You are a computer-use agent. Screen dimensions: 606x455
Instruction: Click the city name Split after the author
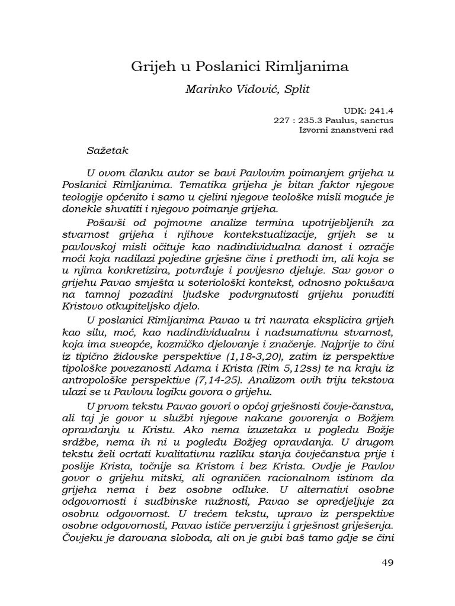point(294,89)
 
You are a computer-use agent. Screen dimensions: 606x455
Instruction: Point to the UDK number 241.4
point(381,109)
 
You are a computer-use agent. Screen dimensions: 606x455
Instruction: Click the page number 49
point(387,562)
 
